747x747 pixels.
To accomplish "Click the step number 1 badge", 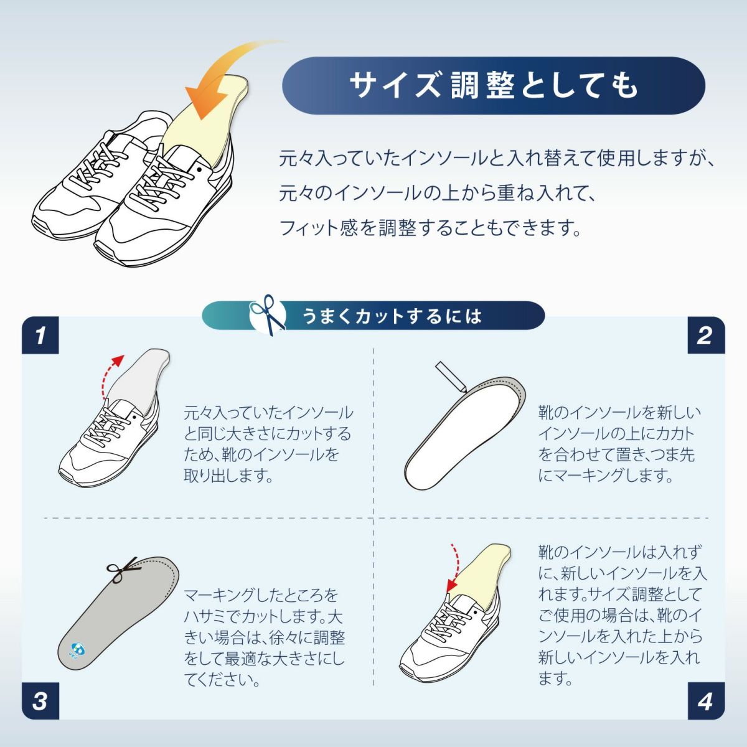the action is point(40,336).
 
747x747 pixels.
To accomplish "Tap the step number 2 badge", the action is point(706,336).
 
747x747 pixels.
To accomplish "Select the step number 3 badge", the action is point(40,701).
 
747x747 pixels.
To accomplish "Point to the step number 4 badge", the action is point(706,701).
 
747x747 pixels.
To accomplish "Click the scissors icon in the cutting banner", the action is point(268,315).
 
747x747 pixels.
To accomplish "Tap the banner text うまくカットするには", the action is point(392,316).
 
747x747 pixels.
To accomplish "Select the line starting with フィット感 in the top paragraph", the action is point(430,228).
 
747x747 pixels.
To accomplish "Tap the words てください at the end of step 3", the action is point(222,680).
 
